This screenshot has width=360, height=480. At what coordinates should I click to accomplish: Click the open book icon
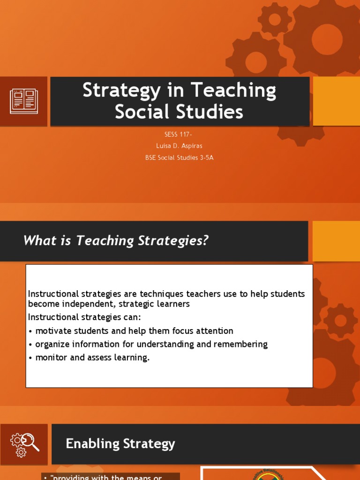23,101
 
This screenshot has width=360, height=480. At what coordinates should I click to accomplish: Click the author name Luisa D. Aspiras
180,146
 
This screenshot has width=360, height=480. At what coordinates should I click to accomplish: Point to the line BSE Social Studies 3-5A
180,157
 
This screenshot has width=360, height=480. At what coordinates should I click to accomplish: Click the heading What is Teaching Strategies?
116,241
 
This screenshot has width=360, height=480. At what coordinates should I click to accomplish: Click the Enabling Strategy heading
120,444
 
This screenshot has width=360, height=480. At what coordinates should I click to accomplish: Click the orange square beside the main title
336,101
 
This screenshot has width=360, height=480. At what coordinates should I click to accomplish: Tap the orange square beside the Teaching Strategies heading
336,241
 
